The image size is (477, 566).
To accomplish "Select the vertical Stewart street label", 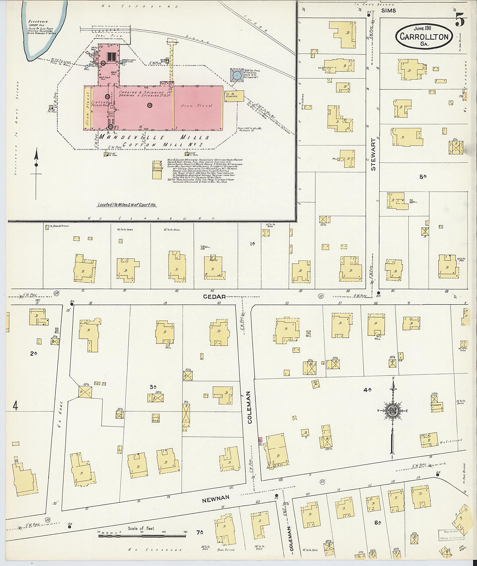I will click(373, 154).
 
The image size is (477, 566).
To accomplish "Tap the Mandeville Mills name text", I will click(154, 137).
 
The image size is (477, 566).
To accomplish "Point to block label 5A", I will click(423, 177).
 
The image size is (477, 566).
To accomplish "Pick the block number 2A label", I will click(34, 353).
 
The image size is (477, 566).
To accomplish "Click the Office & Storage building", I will click(157, 170).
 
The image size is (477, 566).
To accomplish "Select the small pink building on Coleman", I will click(260, 439).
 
